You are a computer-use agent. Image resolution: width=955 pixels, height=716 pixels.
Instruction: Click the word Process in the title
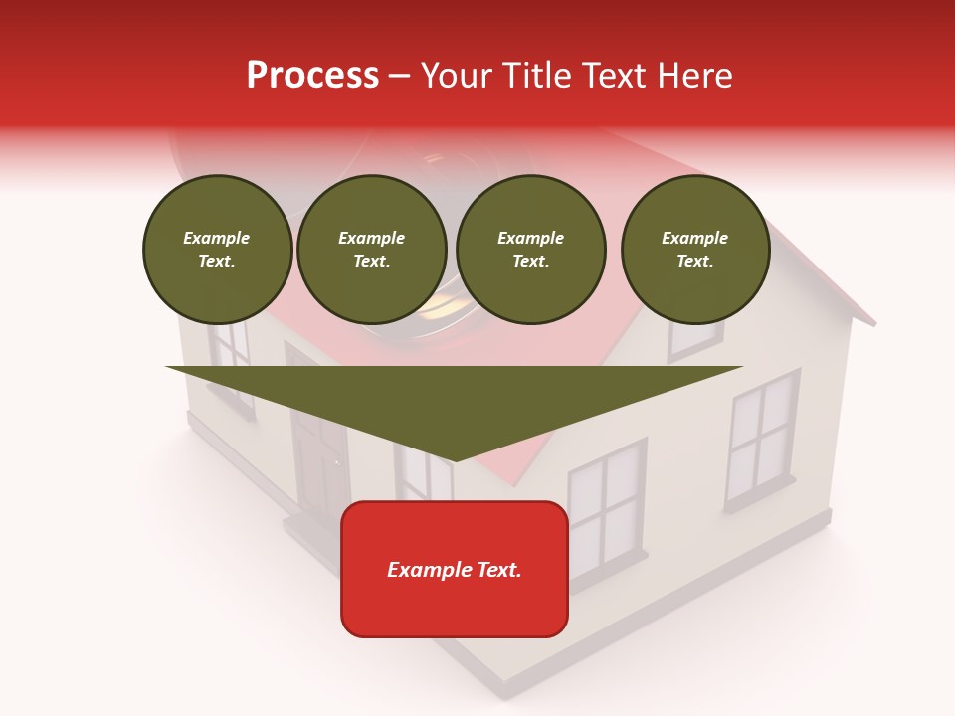pyautogui.click(x=312, y=76)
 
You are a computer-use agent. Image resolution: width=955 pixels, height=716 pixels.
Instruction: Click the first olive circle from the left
pyautogui.click(x=217, y=250)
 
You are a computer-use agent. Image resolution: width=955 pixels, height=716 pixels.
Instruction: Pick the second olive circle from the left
pyautogui.click(x=372, y=250)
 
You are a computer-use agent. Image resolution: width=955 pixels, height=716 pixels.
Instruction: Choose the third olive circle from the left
pyautogui.click(x=530, y=250)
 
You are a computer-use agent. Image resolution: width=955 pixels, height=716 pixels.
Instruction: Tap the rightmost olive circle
pyautogui.click(x=694, y=250)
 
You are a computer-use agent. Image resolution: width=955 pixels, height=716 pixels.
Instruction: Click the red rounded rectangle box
pyautogui.click(x=455, y=569)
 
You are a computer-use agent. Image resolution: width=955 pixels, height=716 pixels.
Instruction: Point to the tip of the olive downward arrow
pyautogui.click(x=455, y=460)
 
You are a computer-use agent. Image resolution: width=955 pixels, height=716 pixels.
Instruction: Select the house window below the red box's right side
pyautogui.click(x=606, y=507)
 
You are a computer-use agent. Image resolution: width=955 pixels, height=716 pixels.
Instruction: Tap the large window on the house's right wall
pyautogui.click(x=763, y=438)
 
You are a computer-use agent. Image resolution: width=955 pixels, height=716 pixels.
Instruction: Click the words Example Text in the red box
pyautogui.click(x=455, y=570)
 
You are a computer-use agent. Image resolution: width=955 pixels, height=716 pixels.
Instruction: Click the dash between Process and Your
pyautogui.click(x=400, y=77)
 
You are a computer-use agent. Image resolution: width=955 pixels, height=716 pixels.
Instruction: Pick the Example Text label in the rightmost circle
pyautogui.click(x=694, y=250)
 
